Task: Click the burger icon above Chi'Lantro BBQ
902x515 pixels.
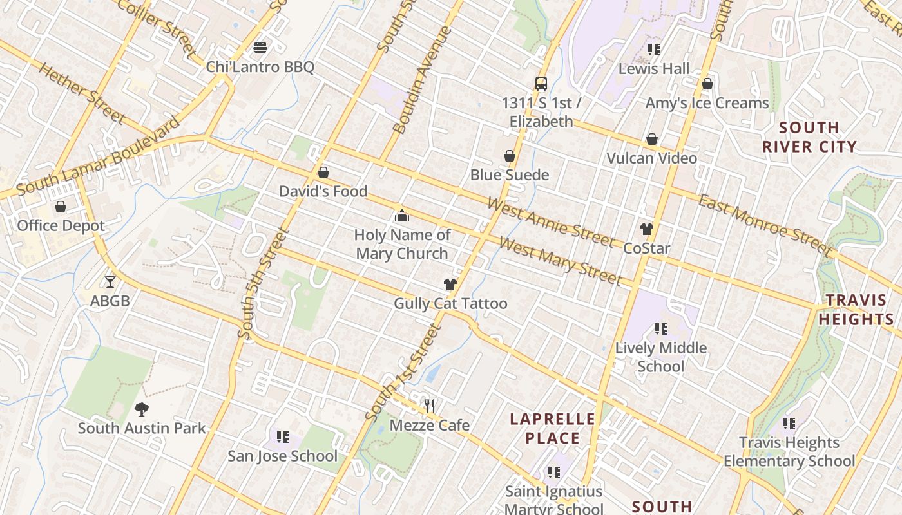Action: [x=260, y=47]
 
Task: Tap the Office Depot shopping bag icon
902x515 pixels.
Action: [x=61, y=207]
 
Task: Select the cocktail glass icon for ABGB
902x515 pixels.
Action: [x=110, y=281]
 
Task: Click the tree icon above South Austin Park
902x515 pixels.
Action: [x=142, y=409]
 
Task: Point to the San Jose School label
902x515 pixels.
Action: [x=282, y=456]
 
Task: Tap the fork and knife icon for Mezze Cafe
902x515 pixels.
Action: [x=430, y=406]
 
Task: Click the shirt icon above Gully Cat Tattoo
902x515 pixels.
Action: [x=450, y=285]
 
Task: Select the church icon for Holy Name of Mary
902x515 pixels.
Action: [x=402, y=215]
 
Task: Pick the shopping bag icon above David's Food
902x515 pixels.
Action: [x=323, y=173]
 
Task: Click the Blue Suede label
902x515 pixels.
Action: [x=510, y=175]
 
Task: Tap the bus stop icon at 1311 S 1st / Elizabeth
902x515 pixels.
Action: [x=541, y=84]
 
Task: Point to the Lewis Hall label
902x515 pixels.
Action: [x=654, y=69]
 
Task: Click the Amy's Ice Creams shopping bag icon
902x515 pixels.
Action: [x=707, y=84]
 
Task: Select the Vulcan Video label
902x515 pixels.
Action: [x=652, y=158]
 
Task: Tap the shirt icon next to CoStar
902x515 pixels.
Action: [x=647, y=229]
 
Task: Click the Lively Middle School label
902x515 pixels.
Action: [x=661, y=357]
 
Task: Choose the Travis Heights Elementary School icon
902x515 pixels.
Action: [x=789, y=424]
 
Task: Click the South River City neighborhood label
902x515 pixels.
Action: [x=809, y=137]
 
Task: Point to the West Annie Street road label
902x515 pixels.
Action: [x=552, y=223]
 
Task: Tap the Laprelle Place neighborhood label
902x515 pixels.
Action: [x=553, y=429]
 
